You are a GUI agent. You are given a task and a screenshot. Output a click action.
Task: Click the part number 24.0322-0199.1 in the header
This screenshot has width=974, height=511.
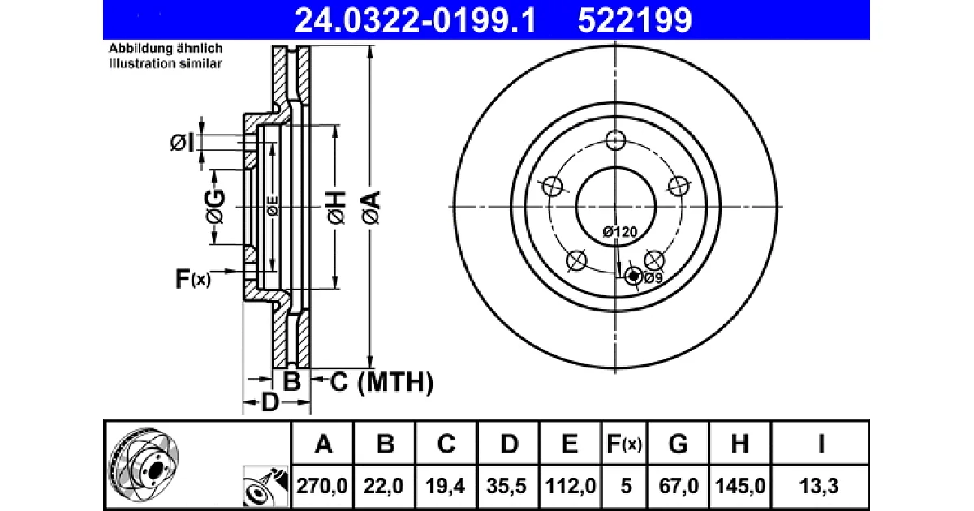tap(416, 20)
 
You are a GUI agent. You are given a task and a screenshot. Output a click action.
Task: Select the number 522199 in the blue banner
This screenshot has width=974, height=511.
tap(635, 20)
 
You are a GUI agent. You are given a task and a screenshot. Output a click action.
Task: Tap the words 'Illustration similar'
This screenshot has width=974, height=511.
tap(166, 63)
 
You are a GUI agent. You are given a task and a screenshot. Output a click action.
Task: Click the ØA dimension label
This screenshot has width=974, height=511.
tap(371, 208)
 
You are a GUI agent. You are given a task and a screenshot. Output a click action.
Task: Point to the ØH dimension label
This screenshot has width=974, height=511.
tap(336, 208)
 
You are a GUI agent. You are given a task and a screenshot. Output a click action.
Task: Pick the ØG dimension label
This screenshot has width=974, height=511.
tap(215, 206)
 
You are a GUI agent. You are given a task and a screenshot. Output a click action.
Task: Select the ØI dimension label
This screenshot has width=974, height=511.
tap(182, 143)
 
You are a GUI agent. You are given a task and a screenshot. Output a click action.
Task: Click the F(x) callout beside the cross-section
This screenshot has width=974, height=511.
tap(192, 278)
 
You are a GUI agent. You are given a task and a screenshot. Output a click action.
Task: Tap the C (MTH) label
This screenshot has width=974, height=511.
tap(381, 382)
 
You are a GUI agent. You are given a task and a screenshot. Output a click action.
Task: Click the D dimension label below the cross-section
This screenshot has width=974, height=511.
tap(270, 402)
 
